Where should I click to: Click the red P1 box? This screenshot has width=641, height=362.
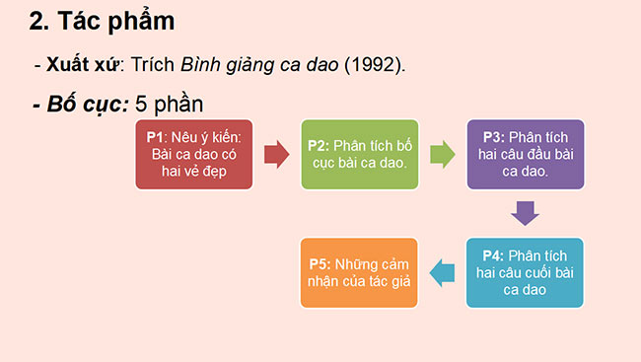point(192,154)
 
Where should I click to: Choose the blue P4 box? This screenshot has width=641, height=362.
point(525,272)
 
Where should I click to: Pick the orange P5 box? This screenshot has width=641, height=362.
point(359,272)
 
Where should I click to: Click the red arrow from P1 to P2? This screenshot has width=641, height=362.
point(276,154)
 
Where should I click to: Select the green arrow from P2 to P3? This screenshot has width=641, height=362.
point(442,154)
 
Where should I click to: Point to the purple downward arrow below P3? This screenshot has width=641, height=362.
point(525,212)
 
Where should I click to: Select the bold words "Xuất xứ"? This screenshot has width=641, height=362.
point(82,65)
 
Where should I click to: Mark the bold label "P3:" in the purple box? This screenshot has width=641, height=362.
point(494,137)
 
